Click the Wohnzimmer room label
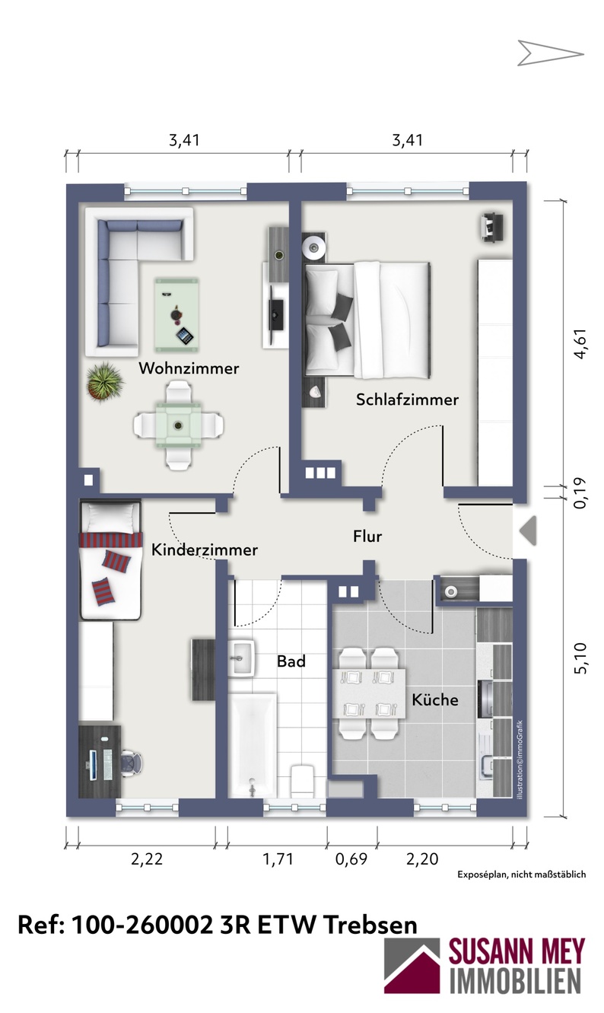point(189,368)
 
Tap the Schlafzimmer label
point(407,400)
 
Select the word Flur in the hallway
point(367,537)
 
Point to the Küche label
point(435,699)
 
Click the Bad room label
point(291,661)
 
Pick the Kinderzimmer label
point(205,550)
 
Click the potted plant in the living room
point(106,381)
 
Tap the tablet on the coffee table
point(184,336)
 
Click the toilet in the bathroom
point(302,781)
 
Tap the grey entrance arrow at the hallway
point(528,530)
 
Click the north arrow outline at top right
point(550,53)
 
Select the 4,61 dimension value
point(580,344)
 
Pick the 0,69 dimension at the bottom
point(351,859)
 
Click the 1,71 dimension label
point(278,859)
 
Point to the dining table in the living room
point(178,425)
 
